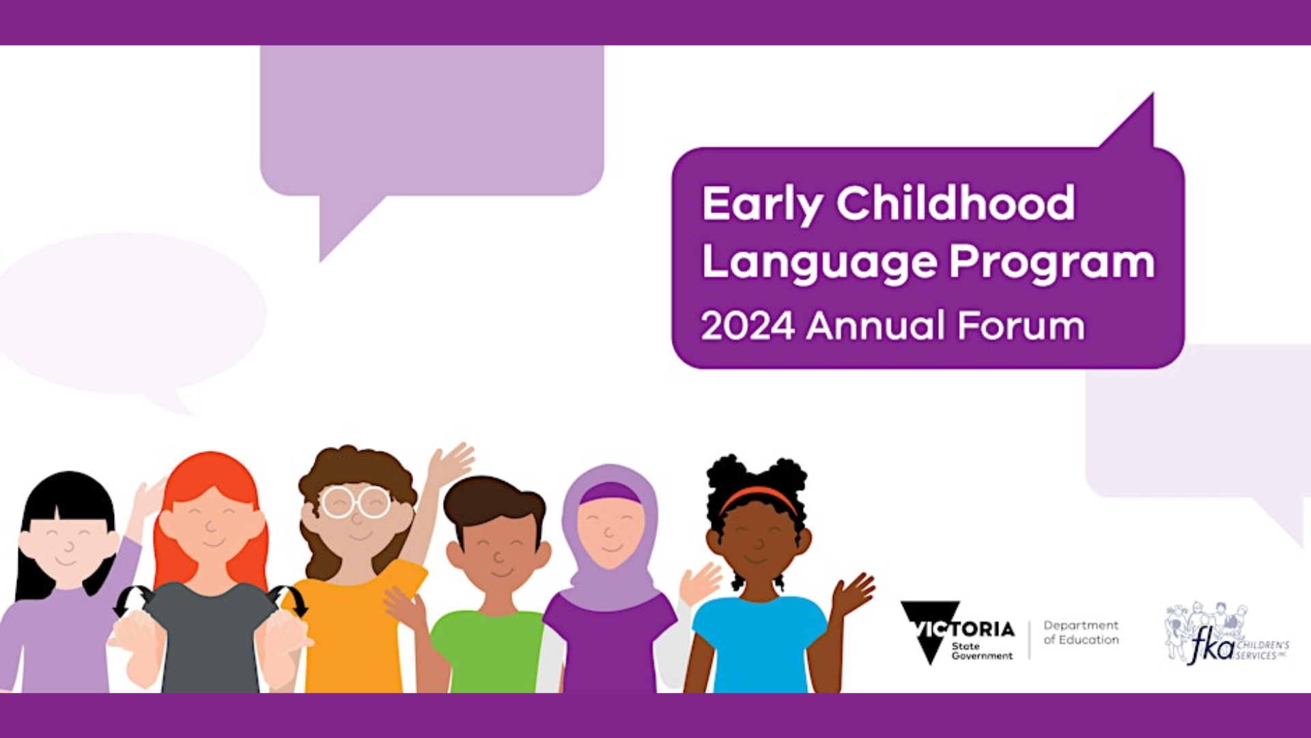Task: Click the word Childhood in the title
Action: click(x=956, y=203)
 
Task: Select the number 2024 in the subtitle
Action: click(x=748, y=325)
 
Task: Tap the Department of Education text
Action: click(x=1081, y=632)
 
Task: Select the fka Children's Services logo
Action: click(x=1226, y=633)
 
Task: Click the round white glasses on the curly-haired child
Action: click(x=355, y=502)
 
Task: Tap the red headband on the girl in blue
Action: click(x=758, y=497)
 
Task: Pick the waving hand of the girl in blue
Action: click(x=852, y=593)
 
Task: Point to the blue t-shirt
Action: click(x=759, y=642)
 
